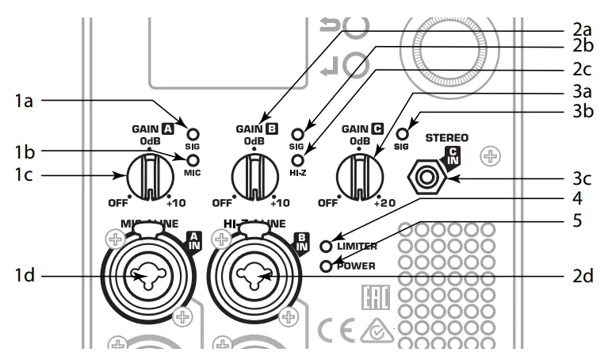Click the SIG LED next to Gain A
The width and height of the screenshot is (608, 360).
coord(192,134)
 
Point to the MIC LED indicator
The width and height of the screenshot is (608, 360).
coord(192,159)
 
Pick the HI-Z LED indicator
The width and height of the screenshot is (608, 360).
coord(298,159)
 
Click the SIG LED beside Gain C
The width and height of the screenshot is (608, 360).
coord(402,133)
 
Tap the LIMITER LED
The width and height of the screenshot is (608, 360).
coord(326,246)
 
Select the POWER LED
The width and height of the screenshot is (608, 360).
coord(326,265)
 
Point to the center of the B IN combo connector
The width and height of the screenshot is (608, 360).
coord(256,275)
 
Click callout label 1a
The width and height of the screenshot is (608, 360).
coord(24,101)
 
